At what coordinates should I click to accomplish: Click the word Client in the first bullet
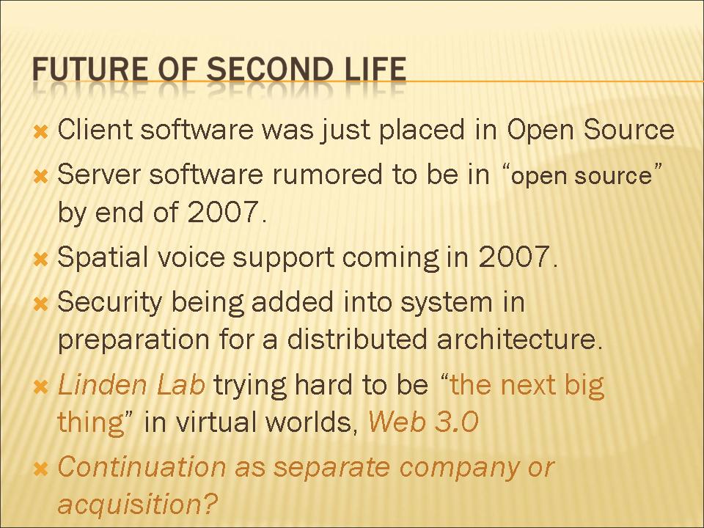pyautogui.click(x=95, y=129)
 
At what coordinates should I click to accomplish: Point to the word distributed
pyautogui.click(x=357, y=339)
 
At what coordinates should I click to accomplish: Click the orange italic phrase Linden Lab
pyautogui.click(x=131, y=385)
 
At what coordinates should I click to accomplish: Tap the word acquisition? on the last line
pyautogui.click(x=137, y=504)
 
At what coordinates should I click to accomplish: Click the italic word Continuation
pyautogui.click(x=142, y=466)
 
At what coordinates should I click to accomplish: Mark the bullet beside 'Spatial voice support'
pyautogui.click(x=40, y=259)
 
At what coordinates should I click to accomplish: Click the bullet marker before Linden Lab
pyautogui.click(x=40, y=386)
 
